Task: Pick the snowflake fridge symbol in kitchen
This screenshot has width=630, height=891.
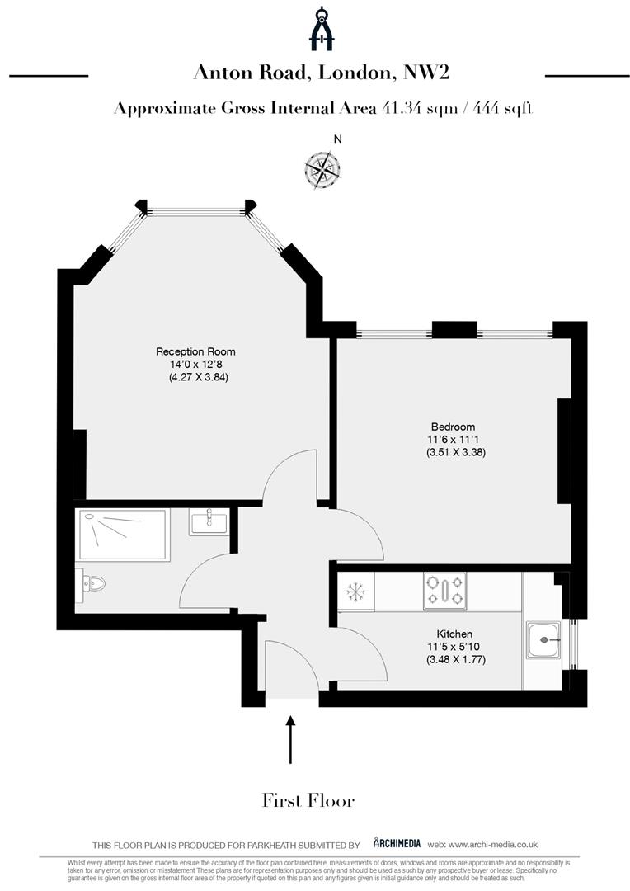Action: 355,592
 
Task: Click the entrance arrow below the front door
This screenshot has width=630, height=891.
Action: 290,740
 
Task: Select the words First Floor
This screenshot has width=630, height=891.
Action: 308,800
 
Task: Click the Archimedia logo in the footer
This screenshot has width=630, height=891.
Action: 397,843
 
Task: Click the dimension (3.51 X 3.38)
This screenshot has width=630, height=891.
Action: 449,453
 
